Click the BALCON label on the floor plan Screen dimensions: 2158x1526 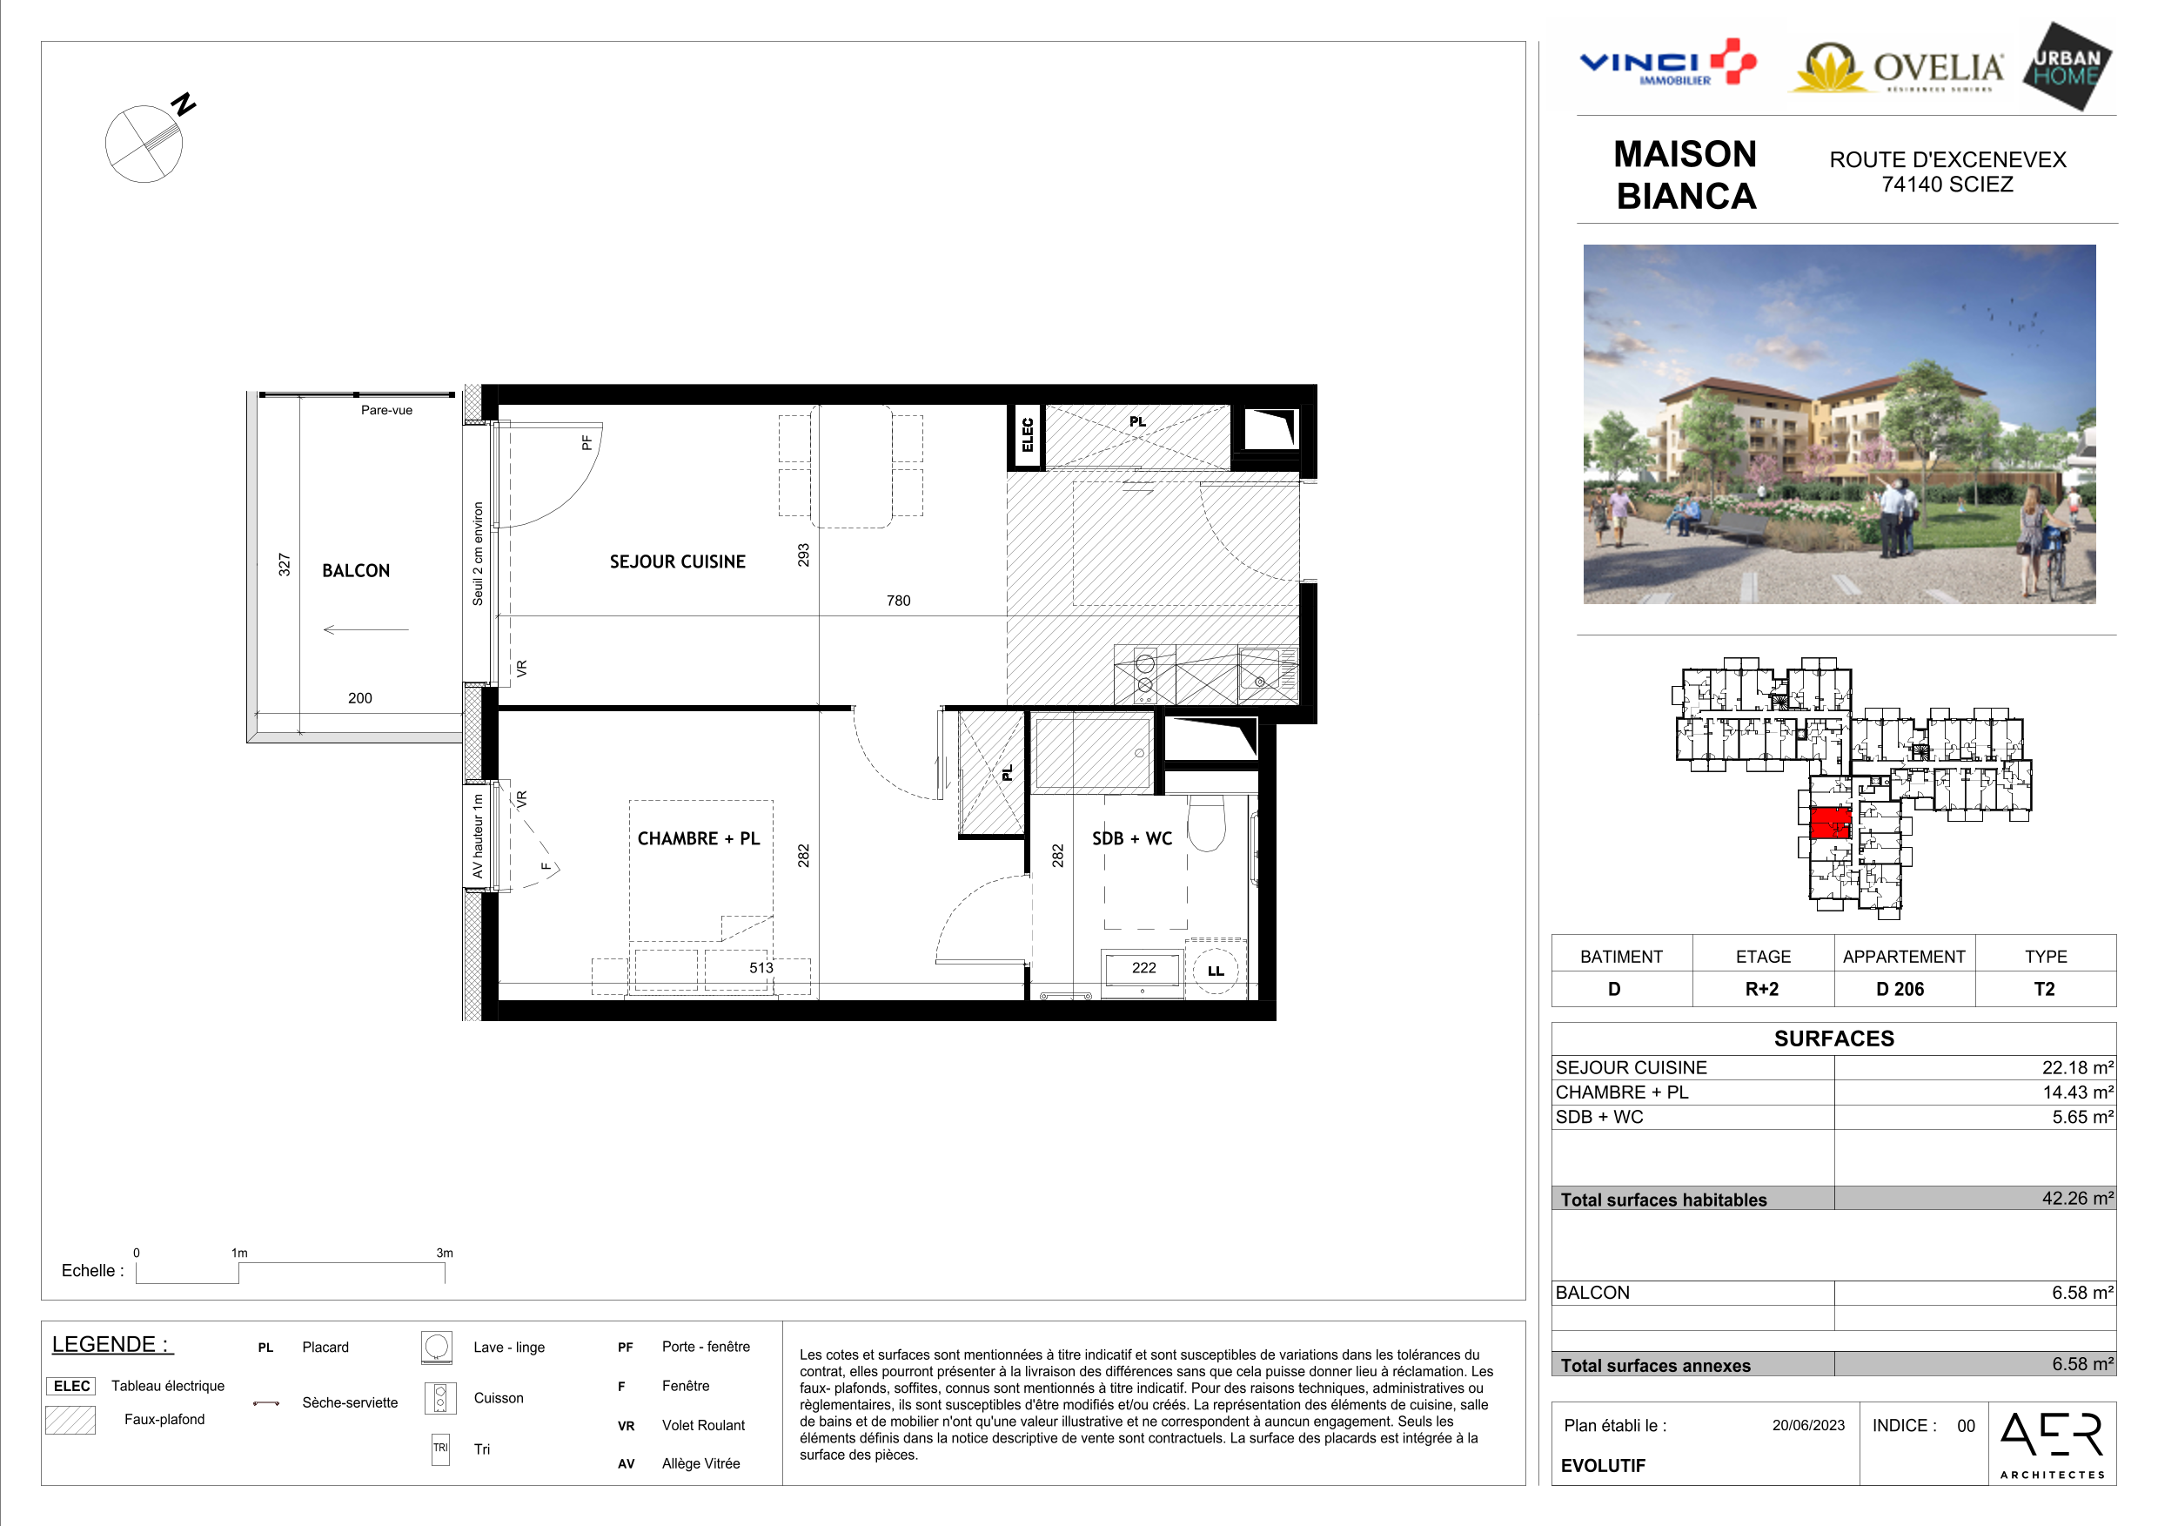click(355, 571)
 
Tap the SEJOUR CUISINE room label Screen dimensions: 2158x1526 click(677, 561)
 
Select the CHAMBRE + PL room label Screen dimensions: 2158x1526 click(699, 837)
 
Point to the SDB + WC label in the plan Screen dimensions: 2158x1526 click(1131, 837)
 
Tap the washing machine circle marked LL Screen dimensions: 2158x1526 click(1216, 971)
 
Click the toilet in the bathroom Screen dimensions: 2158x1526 click(1206, 824)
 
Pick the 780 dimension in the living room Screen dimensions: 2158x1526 click(899, 601)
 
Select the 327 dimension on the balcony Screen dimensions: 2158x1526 click(284, 564)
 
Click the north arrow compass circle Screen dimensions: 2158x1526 click(144, 144)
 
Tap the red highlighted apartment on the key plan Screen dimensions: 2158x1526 click(1830, 823)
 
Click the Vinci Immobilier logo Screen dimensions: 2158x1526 click(1667, 63)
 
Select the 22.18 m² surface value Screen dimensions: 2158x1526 click(2077, 1067)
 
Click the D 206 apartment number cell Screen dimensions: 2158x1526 click(1900, 989)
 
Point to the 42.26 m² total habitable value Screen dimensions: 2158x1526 click(2077, 1198)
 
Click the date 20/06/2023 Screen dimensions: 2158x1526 click(1808, 1425)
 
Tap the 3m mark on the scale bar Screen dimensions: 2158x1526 click(445, 1254)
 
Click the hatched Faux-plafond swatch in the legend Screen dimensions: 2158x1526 click(70, 1420)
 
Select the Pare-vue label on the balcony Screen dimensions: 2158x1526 click(386, 410)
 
